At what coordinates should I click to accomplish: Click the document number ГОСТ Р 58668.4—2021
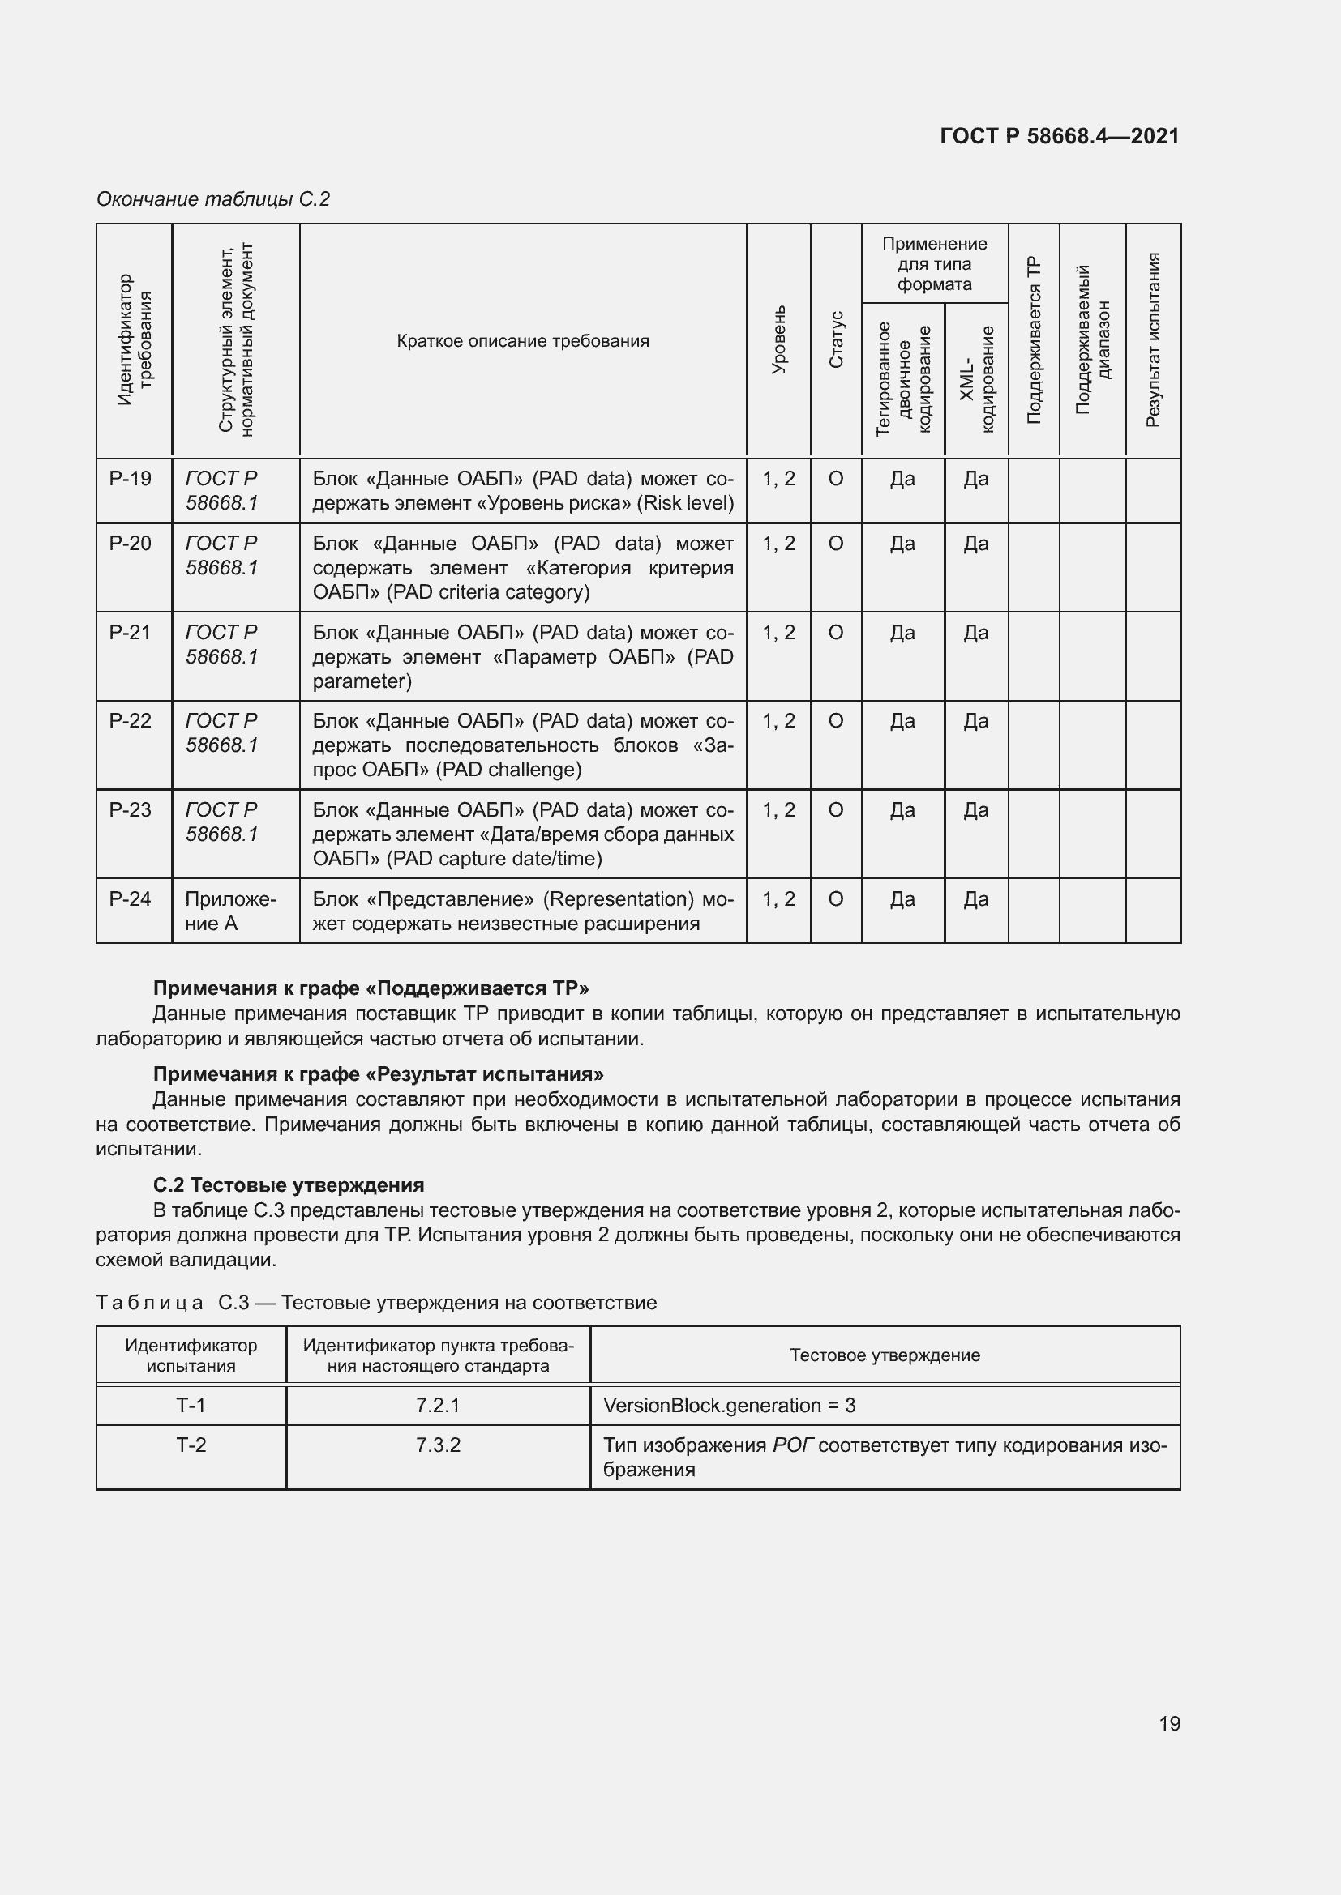coord(1060,136)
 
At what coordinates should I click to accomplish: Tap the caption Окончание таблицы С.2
coord(213,199)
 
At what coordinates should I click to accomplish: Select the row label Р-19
coord(131,479)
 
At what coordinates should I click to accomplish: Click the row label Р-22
coord(131,720)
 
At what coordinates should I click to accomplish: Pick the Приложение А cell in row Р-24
coord(230,911)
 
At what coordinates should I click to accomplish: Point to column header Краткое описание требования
coord(523,341)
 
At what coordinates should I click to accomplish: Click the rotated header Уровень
coord(778,339)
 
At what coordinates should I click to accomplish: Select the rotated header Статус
coord(836,339)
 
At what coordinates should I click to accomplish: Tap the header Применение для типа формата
coord(934,264)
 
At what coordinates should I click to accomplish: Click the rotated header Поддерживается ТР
coord(1034,340)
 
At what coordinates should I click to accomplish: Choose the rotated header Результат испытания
coord(1153,339)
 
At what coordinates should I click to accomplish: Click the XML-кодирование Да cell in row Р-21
coord(976,632)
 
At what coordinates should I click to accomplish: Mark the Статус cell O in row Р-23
coord(836,809)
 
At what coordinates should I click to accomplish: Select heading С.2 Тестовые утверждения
coord(288,1185)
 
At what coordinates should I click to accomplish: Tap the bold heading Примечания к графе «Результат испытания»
coord(378,1073)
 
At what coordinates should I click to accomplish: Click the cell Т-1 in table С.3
coord(191,1405)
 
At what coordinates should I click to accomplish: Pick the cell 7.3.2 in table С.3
coord(438,1445)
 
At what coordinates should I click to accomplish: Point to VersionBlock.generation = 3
coord(729,1405)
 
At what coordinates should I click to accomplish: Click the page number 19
coord(1169,1723)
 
